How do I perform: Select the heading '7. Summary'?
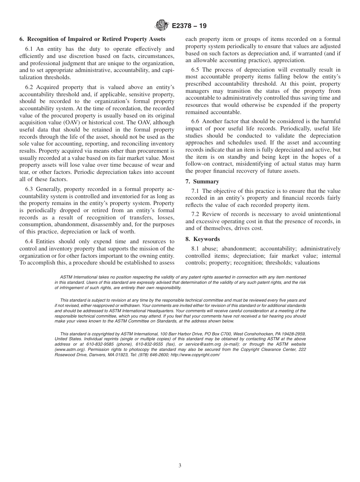coord(202,182)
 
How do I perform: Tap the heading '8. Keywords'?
coord(202,239)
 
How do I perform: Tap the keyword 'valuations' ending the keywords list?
coord(307,263)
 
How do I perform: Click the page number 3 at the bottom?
coord(180,466)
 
